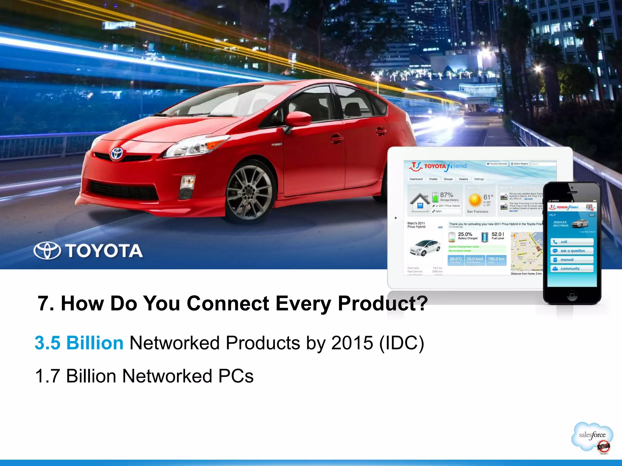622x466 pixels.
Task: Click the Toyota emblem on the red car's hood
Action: coord(116,154)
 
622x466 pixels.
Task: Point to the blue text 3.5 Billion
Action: coord(79,343)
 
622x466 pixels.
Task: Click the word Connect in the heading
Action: coord(228,303)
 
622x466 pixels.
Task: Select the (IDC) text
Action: coord(402,343)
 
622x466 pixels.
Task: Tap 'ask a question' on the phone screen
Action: coord(572,251)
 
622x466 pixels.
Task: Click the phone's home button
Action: coord(572,295)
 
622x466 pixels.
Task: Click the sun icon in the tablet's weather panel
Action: coord(475,201)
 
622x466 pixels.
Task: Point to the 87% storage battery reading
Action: coord(446,195)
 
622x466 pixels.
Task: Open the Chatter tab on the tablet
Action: coord(433,179)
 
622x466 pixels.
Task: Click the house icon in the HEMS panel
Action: coord(420,202)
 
